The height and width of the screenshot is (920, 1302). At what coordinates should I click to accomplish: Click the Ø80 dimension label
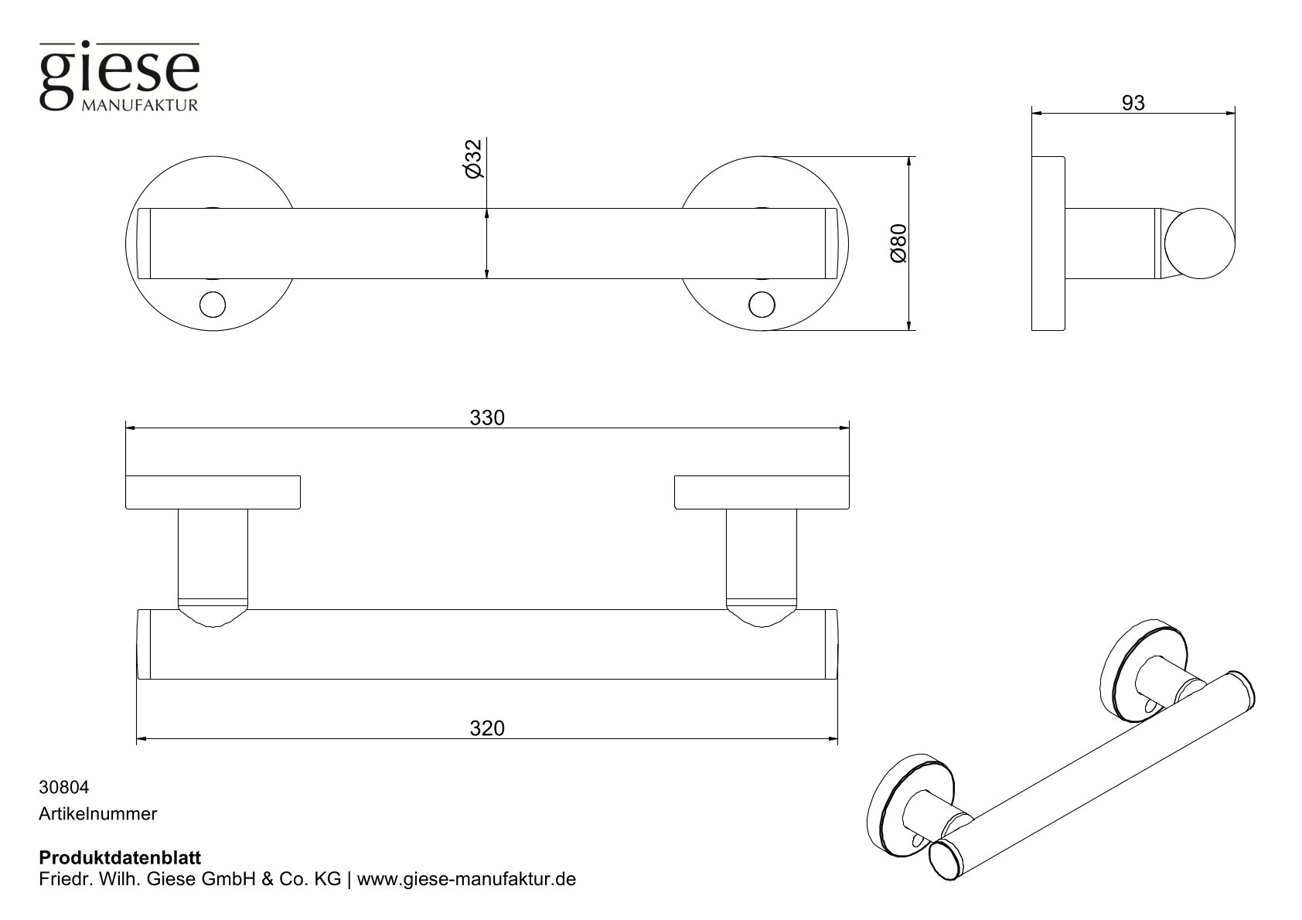(x=898, y=244)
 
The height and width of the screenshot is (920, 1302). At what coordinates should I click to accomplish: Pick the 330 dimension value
(x=487, y=417)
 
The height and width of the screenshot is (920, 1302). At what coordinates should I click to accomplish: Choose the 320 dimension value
(x=487, y=728)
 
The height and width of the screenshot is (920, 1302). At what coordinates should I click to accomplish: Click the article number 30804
(x=63, y=788)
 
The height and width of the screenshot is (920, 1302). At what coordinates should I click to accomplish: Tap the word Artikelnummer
(x=97, y=814)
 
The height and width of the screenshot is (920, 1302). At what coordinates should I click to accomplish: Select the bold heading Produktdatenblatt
(x=119, y=858)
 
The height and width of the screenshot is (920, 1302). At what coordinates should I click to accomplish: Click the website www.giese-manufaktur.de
(x=467, y=880)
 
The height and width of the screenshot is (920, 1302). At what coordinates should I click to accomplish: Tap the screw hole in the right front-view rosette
(x=762, y=305)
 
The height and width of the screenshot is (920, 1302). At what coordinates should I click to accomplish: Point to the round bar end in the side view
(x=1200, y=244)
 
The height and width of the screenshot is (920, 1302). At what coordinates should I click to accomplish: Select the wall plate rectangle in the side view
(x=1048, y=244)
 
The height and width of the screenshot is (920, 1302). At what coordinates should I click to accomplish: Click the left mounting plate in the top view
(x=213, y=492)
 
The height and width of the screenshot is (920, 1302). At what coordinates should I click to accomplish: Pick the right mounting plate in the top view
(x=762, y=492)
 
